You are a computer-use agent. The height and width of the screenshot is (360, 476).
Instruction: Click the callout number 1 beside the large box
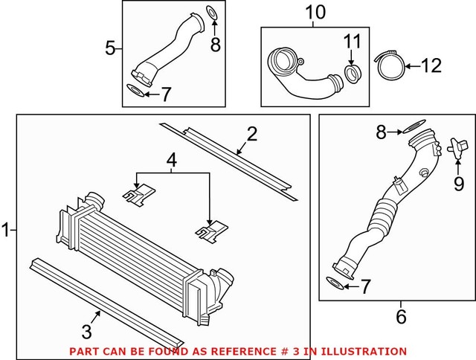[7, 231]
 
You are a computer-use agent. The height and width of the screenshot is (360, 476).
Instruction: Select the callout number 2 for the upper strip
[252, 135]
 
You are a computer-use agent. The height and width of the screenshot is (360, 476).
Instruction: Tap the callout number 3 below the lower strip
[87, 330]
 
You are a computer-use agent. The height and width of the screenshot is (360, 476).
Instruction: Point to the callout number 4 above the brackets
[172, 158]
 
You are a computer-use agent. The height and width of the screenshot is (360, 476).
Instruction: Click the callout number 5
[110, 49]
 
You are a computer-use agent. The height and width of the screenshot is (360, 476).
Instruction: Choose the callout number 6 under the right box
[401, 315]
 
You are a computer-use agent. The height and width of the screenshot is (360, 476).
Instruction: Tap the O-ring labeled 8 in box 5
[211, 11]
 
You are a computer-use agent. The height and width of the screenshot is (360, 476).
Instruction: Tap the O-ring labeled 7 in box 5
[135, 91]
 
